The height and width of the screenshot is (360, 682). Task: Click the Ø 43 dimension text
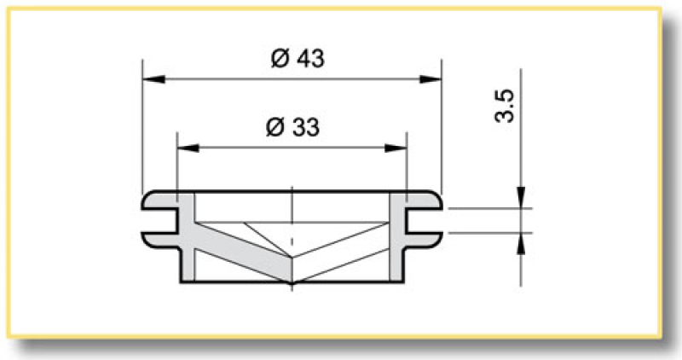click(x=297, y=59)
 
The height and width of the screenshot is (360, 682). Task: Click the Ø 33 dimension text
click(x=292, y=128)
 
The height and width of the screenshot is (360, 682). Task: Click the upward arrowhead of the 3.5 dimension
click(x=519, y=243)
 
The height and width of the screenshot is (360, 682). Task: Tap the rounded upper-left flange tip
click(x=147, y=202)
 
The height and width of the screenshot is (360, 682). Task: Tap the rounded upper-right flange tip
click(x=437, y=202)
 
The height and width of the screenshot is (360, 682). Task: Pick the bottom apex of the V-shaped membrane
click(x=292, y=282)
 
